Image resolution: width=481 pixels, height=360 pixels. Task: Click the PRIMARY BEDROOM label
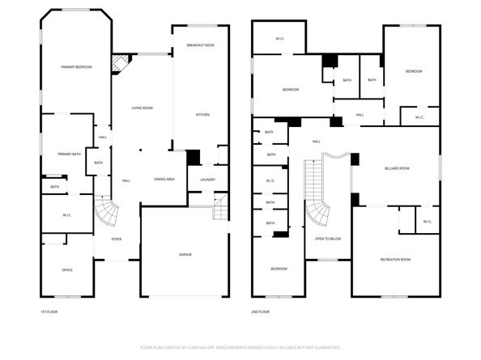(x=75, y=66)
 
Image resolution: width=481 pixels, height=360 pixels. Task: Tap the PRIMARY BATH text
(x=69, y=154)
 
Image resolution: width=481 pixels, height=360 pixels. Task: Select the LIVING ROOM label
(x=143, y=107)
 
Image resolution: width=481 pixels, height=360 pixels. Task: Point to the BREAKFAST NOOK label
(x=200, y=45)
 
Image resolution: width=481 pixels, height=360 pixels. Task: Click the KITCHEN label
(x=202, y=115)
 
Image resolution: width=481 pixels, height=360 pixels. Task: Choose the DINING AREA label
(x=164, y=179)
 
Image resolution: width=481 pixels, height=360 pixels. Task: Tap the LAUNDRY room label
(x=207, y=179)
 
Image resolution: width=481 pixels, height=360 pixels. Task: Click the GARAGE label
(x=185, y=254)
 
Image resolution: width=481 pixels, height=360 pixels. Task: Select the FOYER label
(x=106, y=239)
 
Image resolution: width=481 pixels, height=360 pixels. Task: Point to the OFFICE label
(x=68, y=270)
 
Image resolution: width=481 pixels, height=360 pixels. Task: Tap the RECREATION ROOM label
(x=395, y=260)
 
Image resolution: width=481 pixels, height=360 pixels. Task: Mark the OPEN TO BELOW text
(x=328, y=239)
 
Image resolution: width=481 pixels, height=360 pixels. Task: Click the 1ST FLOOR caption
(x=49, y=311)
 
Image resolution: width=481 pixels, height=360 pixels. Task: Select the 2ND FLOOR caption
(x=260, y=311)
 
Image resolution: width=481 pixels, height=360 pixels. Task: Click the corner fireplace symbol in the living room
(x=121, y=63)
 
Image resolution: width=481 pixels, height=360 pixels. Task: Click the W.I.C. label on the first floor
(x=68, y=218)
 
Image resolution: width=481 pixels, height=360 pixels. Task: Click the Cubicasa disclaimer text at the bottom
(x=240, y=347)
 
